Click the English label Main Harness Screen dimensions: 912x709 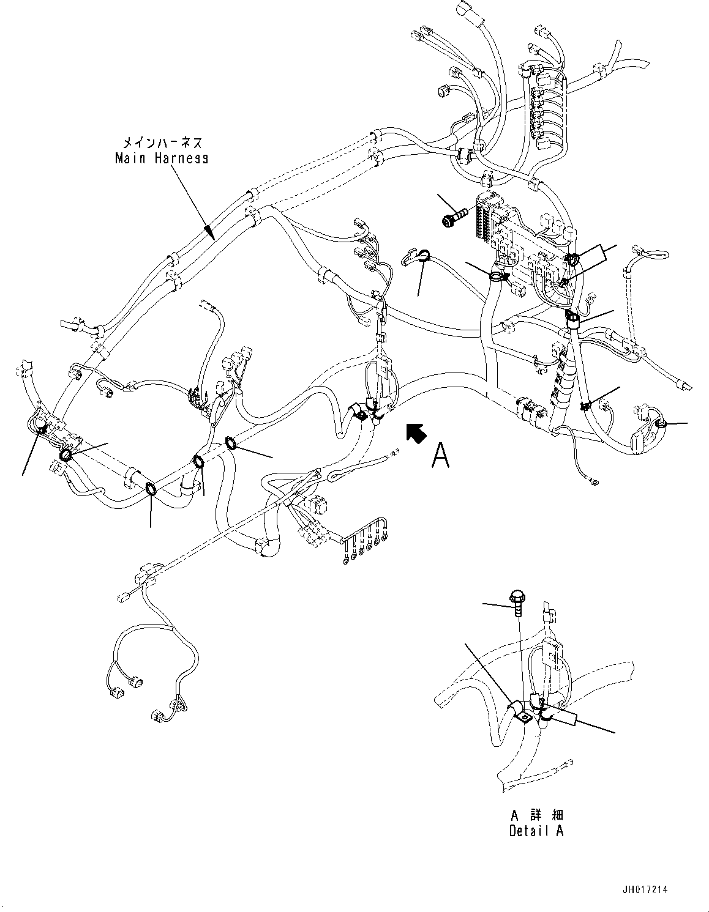(x=162, y=158)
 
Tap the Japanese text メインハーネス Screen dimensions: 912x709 (x=162, y=143)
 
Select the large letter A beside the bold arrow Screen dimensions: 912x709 (x=440, y=456)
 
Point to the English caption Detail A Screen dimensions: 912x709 (x=536, y=831)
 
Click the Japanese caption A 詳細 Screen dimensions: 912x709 (x=536, y=815)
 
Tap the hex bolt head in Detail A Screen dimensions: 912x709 (x=516, y=595)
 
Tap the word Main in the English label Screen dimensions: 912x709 (x=129, y=158)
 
